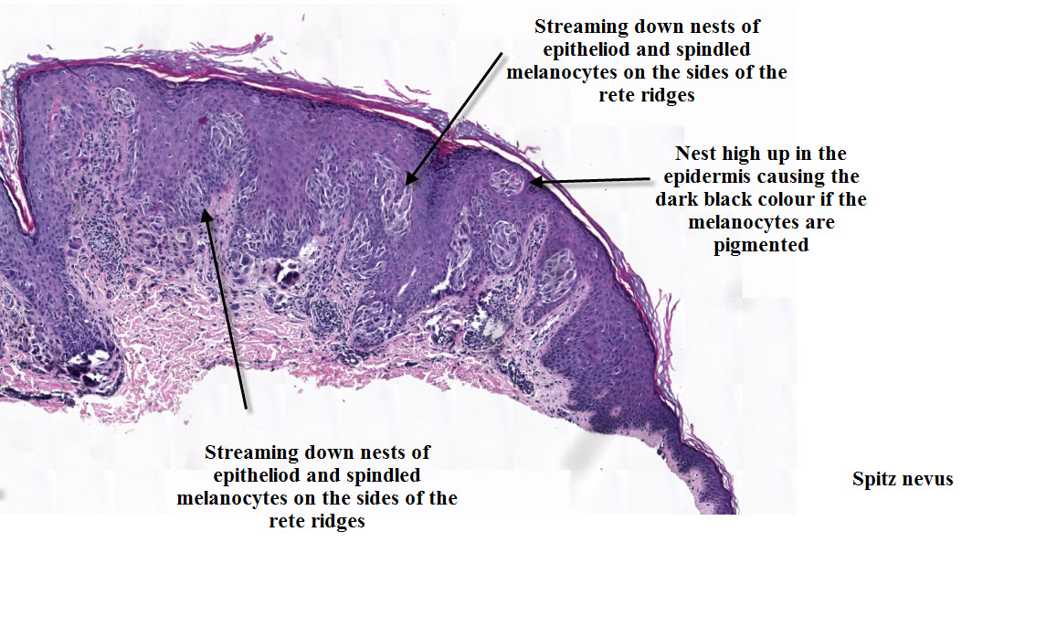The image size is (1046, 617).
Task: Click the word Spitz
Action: [876, 479]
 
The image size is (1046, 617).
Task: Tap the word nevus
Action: [928, 479]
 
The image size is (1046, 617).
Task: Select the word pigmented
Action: [761, 245]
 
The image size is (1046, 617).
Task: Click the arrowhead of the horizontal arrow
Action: [534, 182]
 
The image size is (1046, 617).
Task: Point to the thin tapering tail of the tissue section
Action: [699, 475]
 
